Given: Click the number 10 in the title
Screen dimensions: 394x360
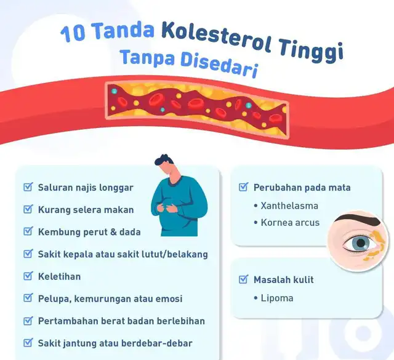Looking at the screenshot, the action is (x=73, y=34).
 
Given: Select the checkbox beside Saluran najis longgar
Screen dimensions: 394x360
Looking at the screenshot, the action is (x=28, y=187).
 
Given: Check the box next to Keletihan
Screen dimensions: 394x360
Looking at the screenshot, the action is (x=28, y=276).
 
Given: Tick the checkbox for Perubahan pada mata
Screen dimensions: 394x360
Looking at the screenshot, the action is (x=244, y=187).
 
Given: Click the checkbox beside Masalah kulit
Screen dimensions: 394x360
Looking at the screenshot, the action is (x=244, y=279).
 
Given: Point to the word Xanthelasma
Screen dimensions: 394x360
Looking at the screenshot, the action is (x=289, y=206).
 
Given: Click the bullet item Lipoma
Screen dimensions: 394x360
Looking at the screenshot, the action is (x=277, y=298).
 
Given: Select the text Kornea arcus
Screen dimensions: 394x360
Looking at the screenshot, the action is (x=290, y=223).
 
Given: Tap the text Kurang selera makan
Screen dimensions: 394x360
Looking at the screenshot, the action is (x=86, y=210).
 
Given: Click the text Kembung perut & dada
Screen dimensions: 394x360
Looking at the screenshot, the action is (x=89, y=232).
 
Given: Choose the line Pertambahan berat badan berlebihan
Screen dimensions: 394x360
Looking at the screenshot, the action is (x=122, y=321).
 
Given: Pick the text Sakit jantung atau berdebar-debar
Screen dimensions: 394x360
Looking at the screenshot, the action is (x=115, y=343).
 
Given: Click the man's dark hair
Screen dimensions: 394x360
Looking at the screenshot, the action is (x=163, y=160).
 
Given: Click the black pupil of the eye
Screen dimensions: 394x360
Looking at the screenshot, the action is (x=361, y=243).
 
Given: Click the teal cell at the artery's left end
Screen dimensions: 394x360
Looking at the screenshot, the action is (x=115, y=91).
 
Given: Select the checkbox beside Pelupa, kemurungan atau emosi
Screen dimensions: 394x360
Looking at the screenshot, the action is (x=28, y=298).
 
